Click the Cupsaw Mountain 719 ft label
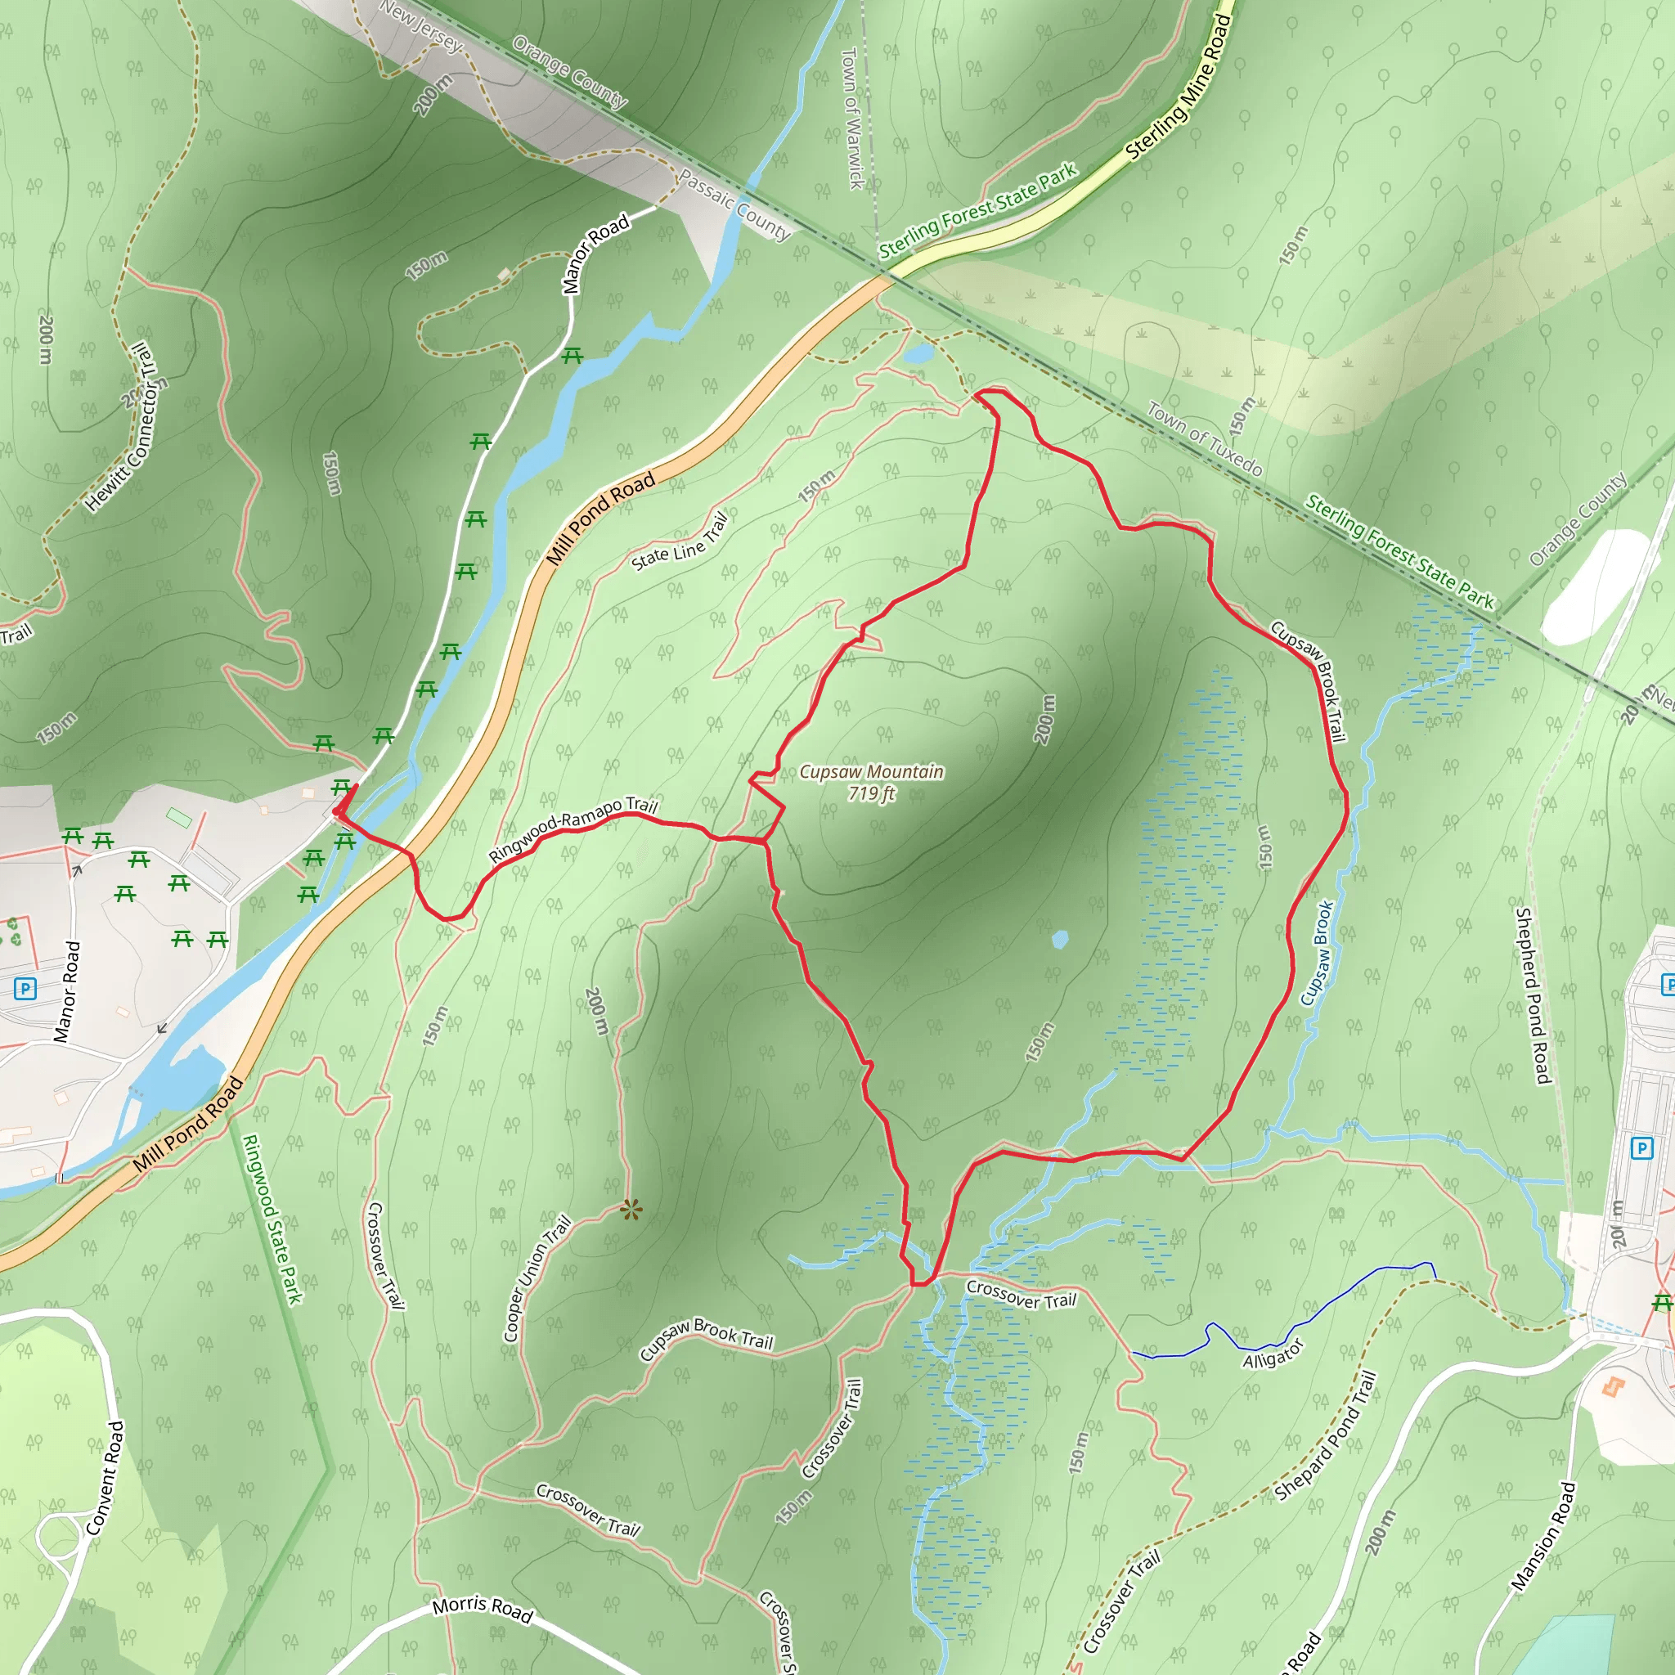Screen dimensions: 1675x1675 870,782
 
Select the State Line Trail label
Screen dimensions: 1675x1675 680,544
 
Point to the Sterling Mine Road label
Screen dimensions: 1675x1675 1179,87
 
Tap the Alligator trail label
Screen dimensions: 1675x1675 1273,1354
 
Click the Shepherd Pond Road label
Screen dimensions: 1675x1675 1532,995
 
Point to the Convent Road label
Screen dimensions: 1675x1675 106,1478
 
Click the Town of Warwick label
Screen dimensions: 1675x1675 852,118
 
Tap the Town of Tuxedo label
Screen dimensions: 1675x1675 1204,438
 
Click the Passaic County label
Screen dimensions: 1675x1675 735,204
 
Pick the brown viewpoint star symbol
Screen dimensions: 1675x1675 631,1210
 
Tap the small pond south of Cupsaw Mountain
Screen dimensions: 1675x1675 1059,939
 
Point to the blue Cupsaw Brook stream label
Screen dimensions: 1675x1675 1317,954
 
